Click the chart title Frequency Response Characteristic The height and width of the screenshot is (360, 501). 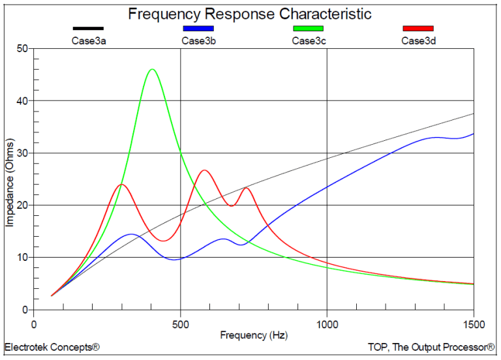pyautogui.click(x=250, y=14)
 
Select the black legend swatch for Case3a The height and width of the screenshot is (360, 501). pyautogui.click(x=87, y=29)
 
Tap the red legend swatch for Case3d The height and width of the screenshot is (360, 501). pyautogui.click(x=417, y=29)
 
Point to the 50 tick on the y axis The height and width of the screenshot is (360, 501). pyautogui.click(x=22, y=49)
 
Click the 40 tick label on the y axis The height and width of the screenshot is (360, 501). pyautogui.click(x=22, y=101)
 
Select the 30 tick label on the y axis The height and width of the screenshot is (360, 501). pyautogui.click(x=22, y=153)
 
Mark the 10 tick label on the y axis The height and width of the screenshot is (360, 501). pyautogui.click(x=22, y=258)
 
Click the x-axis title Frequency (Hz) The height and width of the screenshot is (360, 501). pyautogui.click(x=253, y=335)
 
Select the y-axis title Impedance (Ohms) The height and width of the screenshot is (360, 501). pyautogui.click(x=9, y=182)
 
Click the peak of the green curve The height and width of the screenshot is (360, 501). pyautogui.click(x=152, y=69)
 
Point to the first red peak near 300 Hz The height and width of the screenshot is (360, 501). pyautogui.click(x=121, y=185)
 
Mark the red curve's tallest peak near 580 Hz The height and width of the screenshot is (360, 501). pyautogui.click(x=204, y=170)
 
